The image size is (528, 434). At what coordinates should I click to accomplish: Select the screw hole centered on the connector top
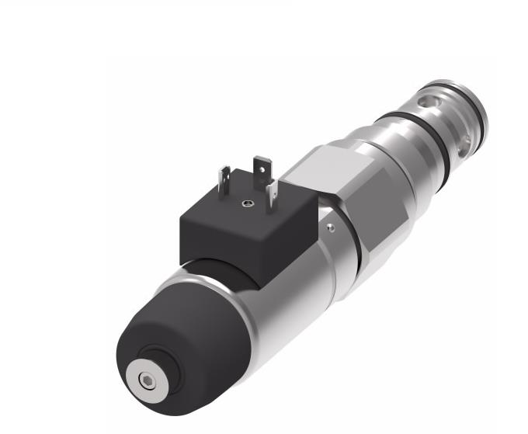pos(246,204)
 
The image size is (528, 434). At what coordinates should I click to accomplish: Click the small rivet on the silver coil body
pos(332,227)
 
